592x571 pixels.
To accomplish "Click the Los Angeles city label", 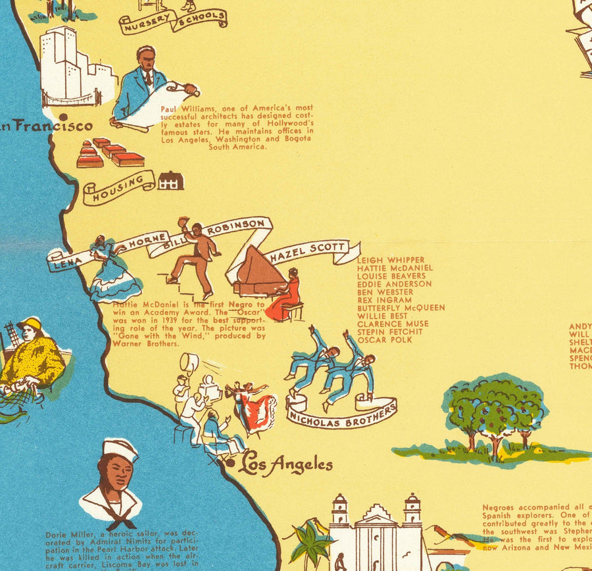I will [x=286, y=465].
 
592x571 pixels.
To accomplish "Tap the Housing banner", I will [x=118, y=187].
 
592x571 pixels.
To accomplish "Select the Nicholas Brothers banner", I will [x=342, y=414].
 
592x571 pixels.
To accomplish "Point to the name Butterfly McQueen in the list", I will [x=401, y=308].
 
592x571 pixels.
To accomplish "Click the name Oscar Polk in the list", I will [x=385, y=340].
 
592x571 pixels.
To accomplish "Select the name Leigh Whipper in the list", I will [x=391, y=261].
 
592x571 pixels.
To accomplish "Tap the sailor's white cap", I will [x=120, y=449].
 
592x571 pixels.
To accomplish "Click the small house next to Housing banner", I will [x=170, y=180].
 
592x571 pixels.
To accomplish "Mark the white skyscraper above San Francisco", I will [x=66, y=66].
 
